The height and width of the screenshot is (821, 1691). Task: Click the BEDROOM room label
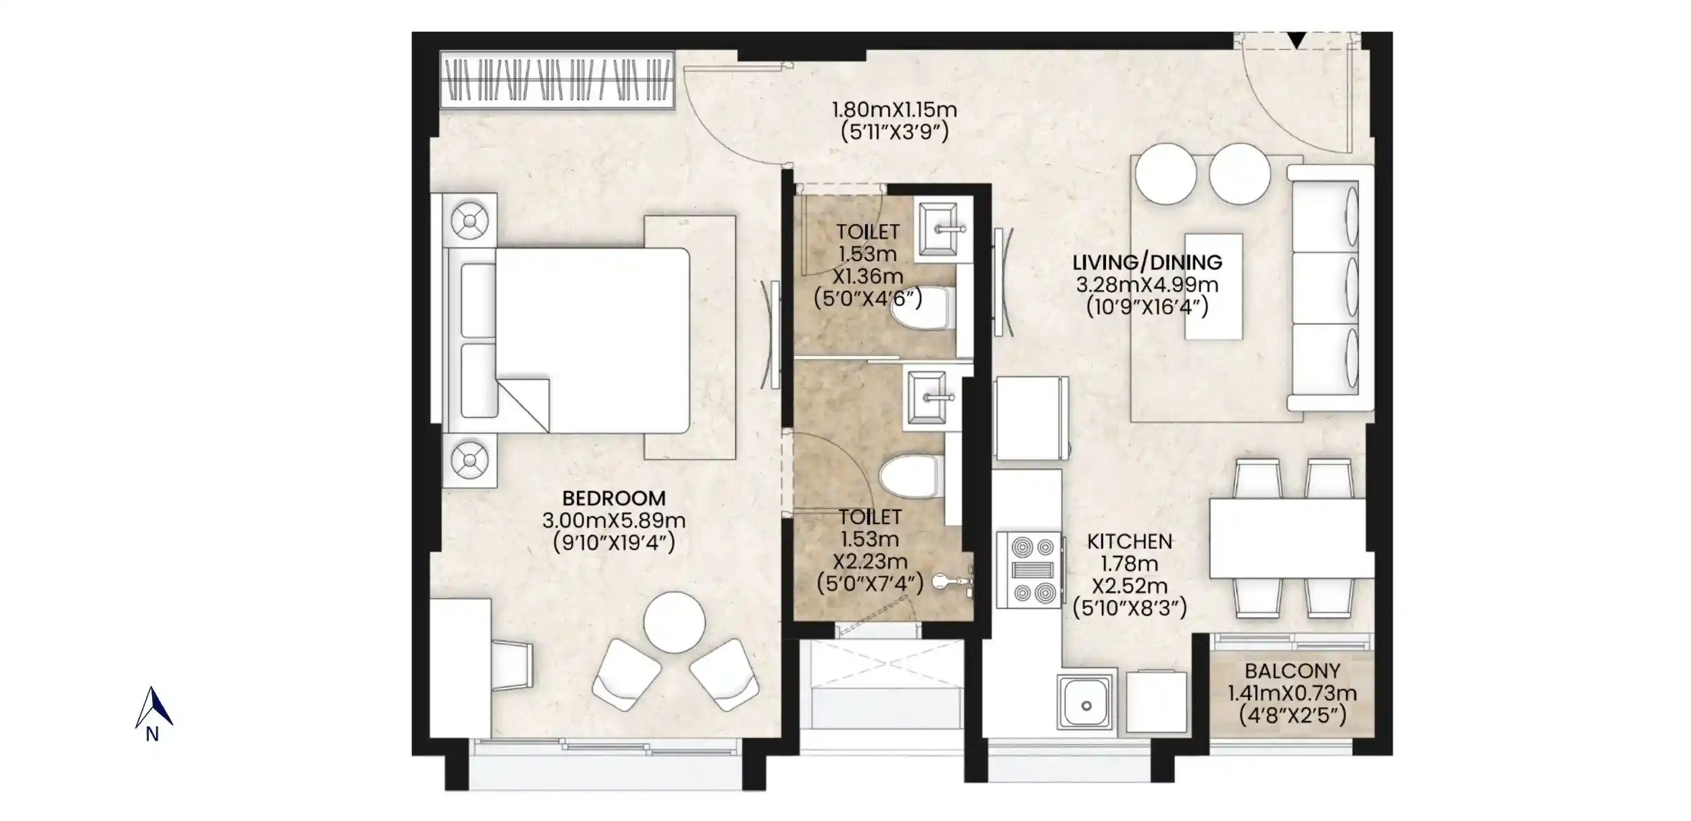pyautogui.click(x=614, y=498)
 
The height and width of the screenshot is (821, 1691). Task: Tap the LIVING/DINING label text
pyautogui.click(x=1147, y=262)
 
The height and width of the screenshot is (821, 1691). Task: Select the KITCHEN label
pyautogui.click(x=1130, y=542)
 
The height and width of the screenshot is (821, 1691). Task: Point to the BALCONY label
pyautogui.click(x=1293, y=671)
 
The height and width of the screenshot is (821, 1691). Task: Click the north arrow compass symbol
pyautogui.click(x=154, y=707)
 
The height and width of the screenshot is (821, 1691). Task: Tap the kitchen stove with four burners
pyautogui.click(x=1028, y=569)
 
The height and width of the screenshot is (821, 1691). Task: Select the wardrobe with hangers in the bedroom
pyautogui.click(x=557, y=80)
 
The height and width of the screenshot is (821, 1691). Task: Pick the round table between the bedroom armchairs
pyautogui.click(x=674, y=622)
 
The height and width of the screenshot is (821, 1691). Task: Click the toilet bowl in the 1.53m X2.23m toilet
pyautogui.click(x=909, y=475)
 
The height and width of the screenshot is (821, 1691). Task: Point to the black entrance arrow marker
pyautogui.click(x=1296, y=41)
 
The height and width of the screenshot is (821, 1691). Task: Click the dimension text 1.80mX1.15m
pyautogui.click(x=894, y=110)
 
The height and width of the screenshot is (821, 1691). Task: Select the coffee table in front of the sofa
pyautogui.click(x=1213, y=286)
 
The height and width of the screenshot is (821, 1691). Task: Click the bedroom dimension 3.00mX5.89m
pyautogui.click(x=614, y=521)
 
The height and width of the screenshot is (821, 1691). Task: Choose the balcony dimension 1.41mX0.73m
pyautogui.click(x=1293, y=693)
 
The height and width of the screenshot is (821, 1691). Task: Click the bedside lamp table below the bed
pyautogui.click(x=470, y=461)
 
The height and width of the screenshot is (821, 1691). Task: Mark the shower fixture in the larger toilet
pyautogui.click(x=954, y=581)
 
